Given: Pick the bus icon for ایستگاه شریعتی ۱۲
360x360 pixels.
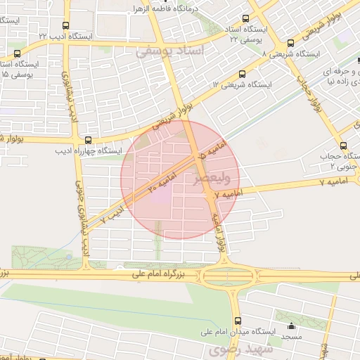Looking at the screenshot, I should pos(243,73).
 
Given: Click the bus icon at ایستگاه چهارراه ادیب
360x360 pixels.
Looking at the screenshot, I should pos(88,139).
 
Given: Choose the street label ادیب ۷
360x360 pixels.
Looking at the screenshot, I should pos(112,214).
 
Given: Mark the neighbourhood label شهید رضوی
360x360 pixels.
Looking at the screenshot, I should pos(233,350).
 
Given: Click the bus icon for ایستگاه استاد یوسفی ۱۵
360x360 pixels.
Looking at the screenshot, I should pos(17,53).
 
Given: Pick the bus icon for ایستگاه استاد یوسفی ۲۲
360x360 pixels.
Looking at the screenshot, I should pos(245,19).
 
